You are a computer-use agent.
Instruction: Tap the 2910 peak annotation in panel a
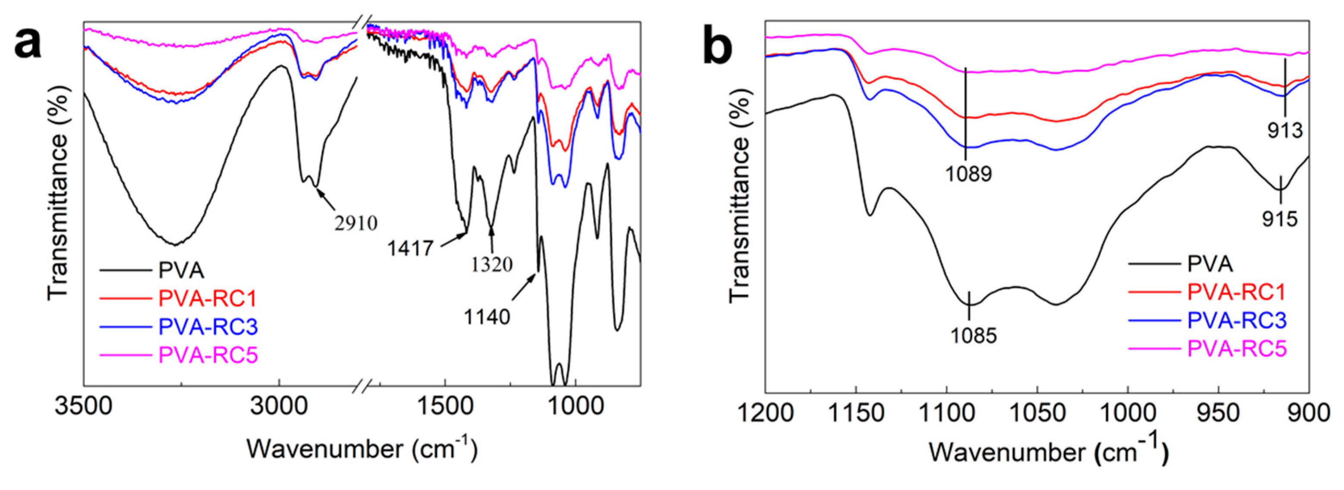tap(356, 223)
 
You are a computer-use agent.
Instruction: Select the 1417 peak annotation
tap(410, 248)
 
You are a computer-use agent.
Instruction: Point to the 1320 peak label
tap(492, 265)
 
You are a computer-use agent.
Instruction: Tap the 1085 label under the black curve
tap(974, 335)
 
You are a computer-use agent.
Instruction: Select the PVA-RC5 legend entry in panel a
tap(208, 355)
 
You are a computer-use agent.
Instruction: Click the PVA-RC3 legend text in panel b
tap(1237, 320)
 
